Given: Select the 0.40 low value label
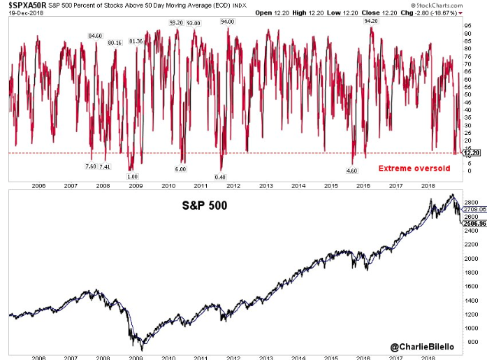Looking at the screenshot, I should [221, 176].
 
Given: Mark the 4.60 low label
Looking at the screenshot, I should [353, 170].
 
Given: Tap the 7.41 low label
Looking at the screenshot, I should [105, 166].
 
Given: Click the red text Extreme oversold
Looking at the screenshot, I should [408, 168].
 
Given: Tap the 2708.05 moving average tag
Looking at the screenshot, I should [472, 208].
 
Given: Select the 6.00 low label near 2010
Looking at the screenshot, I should [180, 169].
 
